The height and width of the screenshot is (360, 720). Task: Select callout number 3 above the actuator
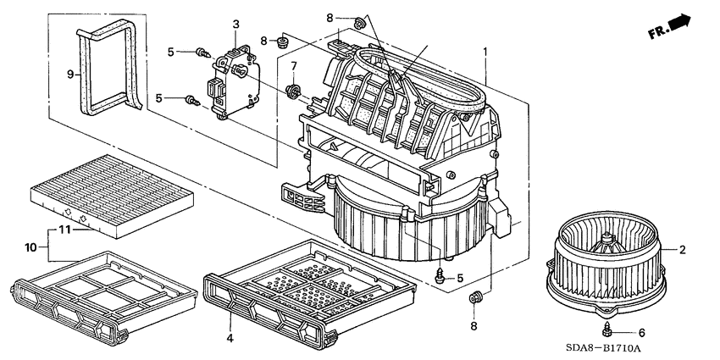[236, 23]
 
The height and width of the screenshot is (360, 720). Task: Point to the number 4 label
[229, 338]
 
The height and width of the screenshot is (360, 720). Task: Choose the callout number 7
[294, 66]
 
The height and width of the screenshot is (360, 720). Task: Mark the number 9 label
[71, 74]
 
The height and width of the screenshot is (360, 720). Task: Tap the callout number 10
[30, 246]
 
